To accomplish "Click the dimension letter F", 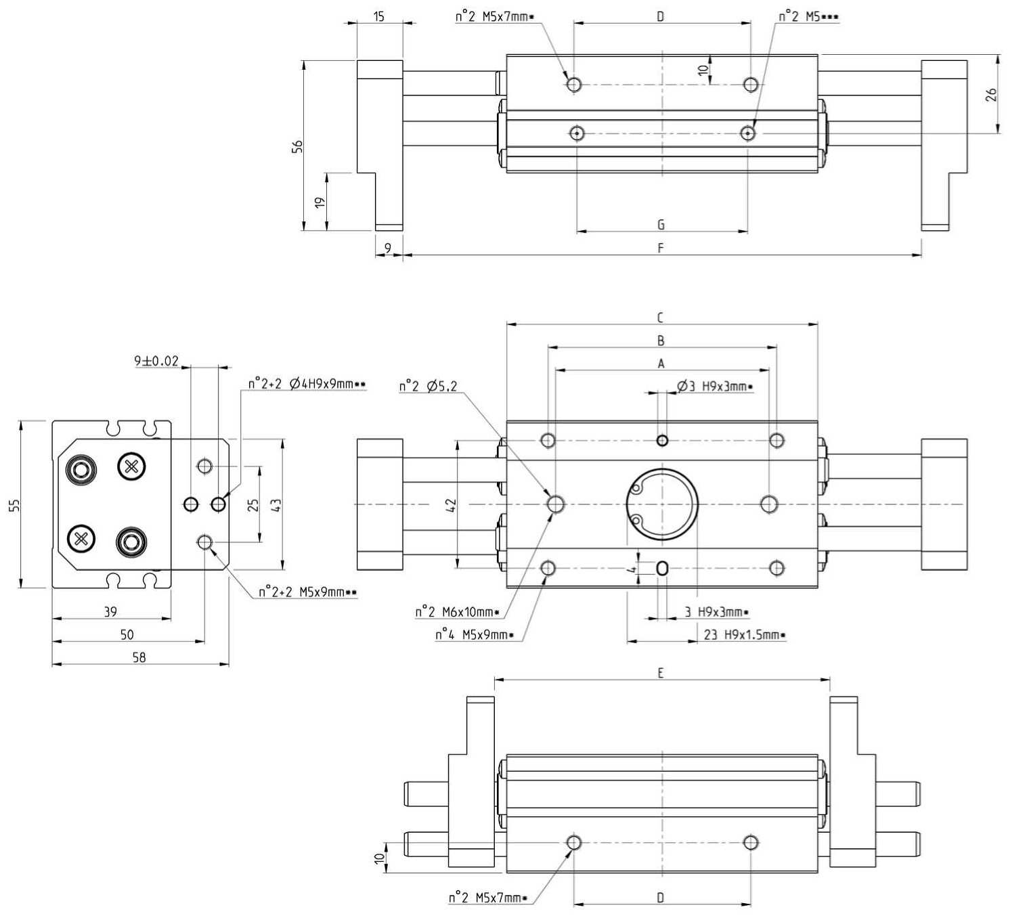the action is (x=661, y=248).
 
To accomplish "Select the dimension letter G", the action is (x=661, y=225).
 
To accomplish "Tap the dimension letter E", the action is (x=661, y=673).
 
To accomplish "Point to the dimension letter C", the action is (x=661, y=318).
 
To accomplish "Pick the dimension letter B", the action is (x=661, y=341).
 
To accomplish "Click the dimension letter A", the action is (x=661, y=364).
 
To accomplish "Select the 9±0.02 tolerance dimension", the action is (x=156, y=361).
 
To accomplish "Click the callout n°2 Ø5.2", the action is (x=428, y=387).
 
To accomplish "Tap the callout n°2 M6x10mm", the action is (x=457, y=612).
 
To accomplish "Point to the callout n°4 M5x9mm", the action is (x=475, y=635).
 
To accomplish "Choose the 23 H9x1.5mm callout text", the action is (x=745, y=635).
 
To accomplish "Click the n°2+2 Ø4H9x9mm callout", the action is (x=307, y=385).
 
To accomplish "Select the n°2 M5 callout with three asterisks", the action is (x=808, y=17).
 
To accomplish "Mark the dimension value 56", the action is (x=298, y=146).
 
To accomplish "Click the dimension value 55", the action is (x=15, y=505).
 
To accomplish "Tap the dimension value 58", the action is (x=139, y=657).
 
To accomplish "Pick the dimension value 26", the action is (x=991, y=95).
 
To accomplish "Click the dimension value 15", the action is (x=378, y=17).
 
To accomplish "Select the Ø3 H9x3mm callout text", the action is (x=715, y=387).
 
